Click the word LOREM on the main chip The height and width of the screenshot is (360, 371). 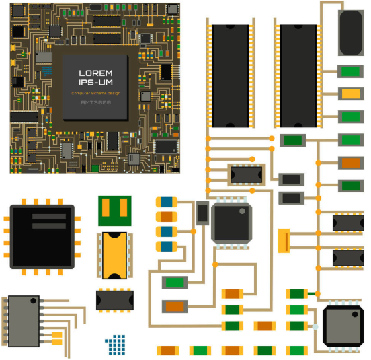pyautogui.click(x=95, y=73)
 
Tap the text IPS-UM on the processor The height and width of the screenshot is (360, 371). pyautogui.click(x=95, y=82)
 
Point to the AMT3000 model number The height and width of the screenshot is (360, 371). pyautogui.click(x=96, y=102)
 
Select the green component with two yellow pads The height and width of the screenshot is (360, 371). pyautogui.click(x=115, y=211)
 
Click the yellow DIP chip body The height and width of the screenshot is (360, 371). pyautogui.click(x=114, y=255)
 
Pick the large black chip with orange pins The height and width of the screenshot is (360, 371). pyautogui.click(x=42, y=237)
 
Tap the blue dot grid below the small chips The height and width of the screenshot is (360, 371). pyautogui.click(x=116, y=345)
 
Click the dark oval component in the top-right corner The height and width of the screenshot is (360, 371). pyautogui.click(x=351, y=33)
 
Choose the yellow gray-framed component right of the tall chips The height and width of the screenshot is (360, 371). pyautogui.click(x=351, y=94)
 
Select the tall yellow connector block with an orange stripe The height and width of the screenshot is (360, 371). pyautogui.click(x=284, y=241)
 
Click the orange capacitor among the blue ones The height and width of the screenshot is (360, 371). pyautogui.click(x=167, y=217)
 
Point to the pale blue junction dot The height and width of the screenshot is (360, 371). pyautogui.click(x=315, y=327)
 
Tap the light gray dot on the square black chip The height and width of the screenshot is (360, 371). pyautogui.click(x=242, y=211)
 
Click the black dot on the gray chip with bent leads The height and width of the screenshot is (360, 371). pyautogui.click(x=33, y=301)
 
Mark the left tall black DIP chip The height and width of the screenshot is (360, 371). pyautogui.click(x=231, y=76)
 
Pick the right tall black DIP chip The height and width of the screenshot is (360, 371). pyautogui.click(x=298, y=76)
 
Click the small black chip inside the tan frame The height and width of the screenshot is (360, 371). pyautogui.click(x=246, y=175)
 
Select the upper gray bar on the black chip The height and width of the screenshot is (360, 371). pyautogui.click(x=49, y=217)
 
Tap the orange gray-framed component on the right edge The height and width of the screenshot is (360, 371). pyautogui.click(x=351, y=163)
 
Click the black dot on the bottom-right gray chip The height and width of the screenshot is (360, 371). pyautogui.click(x=355, y=314)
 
